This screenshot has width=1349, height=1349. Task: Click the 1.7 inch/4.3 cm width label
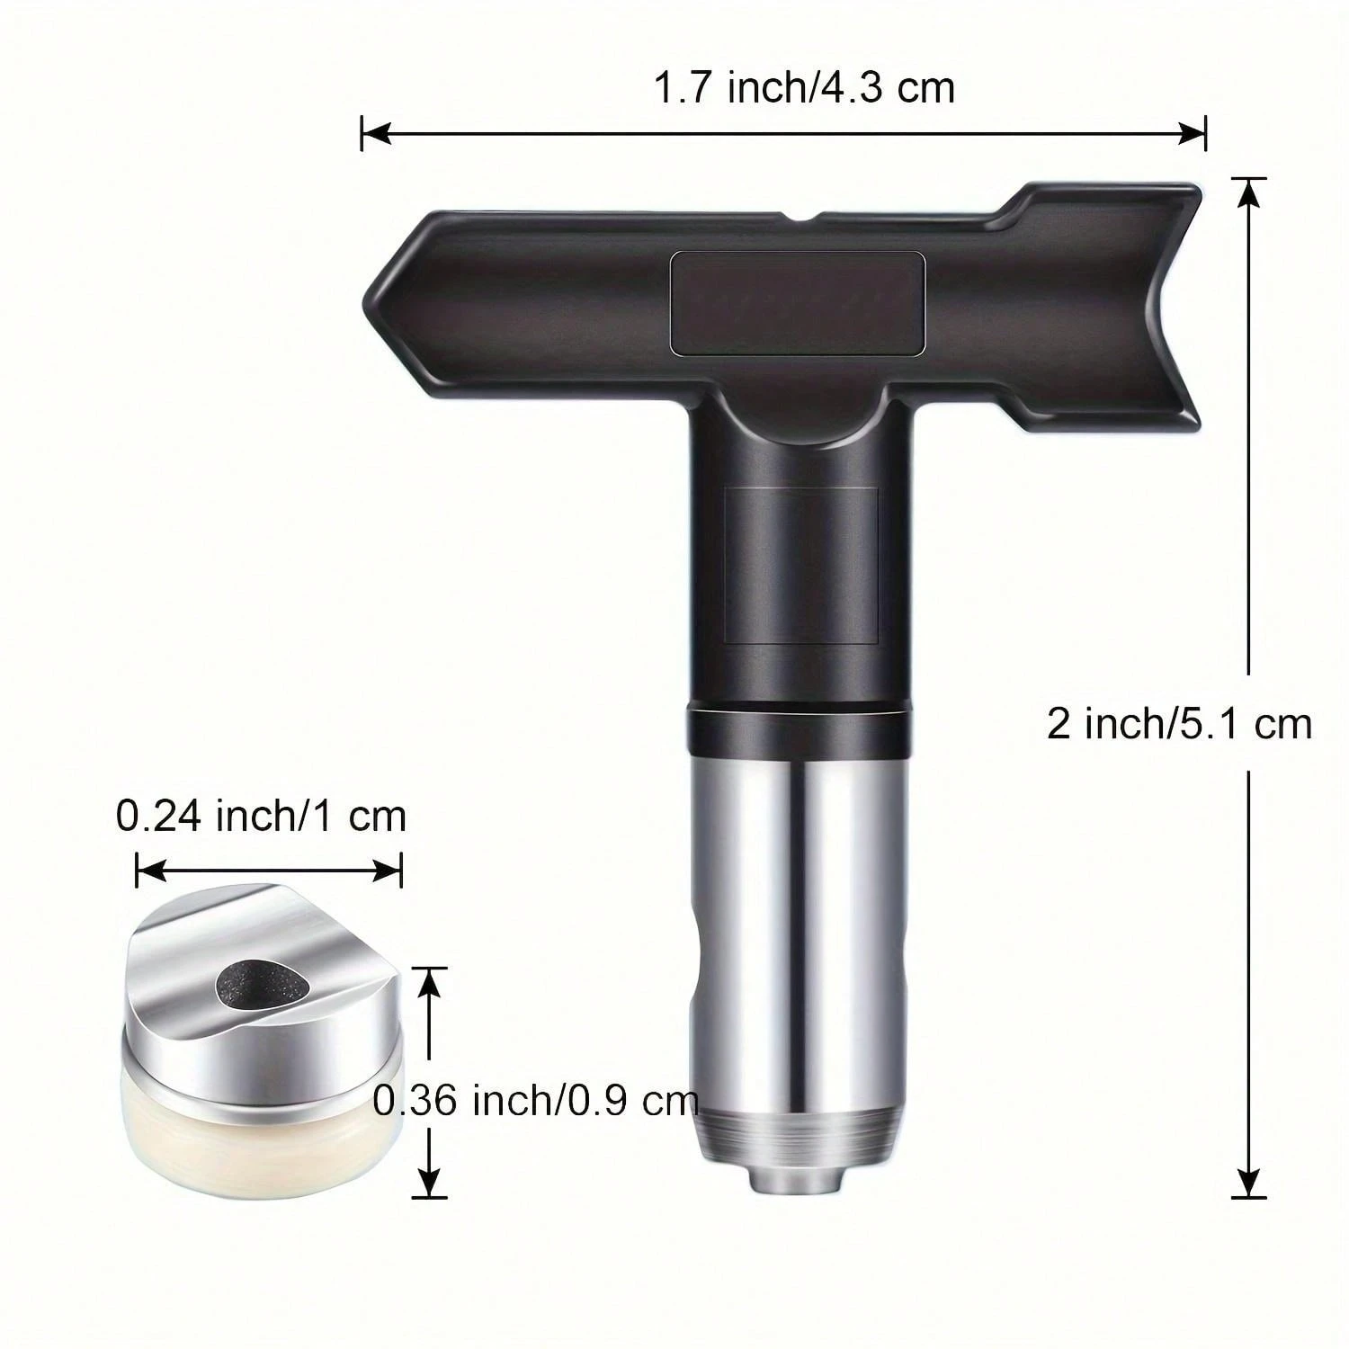(802, 90)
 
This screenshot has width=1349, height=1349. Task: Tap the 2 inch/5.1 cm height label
(1179, 723)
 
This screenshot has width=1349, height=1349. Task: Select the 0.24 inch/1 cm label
(261, 817)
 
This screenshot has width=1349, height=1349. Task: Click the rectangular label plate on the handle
(799, 301)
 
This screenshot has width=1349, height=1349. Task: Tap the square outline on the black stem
(800, 565)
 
